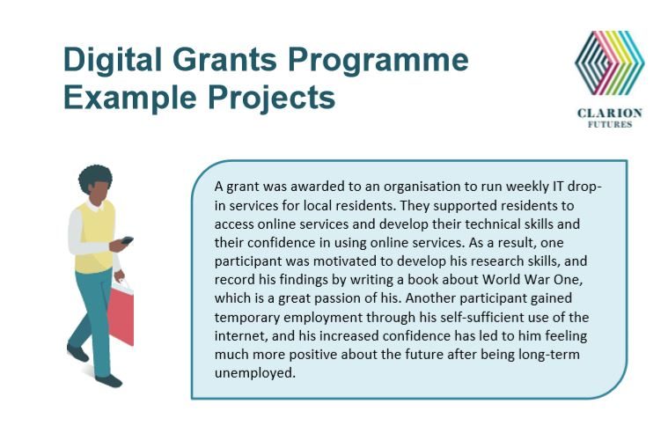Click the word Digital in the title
click(113, 61)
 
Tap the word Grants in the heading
click(224, 59)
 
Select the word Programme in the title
click(378, 62)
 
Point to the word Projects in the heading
click(271, 99)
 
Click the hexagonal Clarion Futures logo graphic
click(610, 62)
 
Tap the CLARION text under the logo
click(610, 113)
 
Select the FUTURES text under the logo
click(610, 124)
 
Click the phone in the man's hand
click(127, 240)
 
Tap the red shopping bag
click(121, 313)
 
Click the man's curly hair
click(95, 177)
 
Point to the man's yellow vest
click(94, 238)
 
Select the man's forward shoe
click(108, 380)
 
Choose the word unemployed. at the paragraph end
click(254, 373)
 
